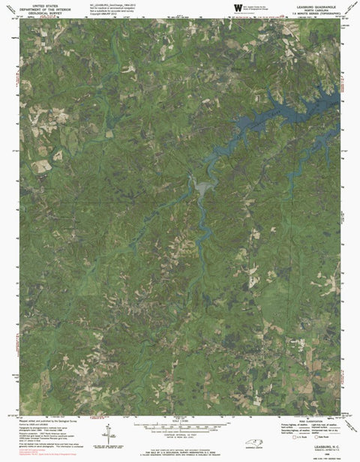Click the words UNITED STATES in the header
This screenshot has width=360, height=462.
point(43,4)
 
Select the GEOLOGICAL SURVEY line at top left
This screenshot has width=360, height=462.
point(43,13)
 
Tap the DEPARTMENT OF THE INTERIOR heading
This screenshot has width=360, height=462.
point(43,8)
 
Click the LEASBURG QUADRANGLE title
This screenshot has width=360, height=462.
point(318,4)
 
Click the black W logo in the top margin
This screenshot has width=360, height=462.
point(238,8)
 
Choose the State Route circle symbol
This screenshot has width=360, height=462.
point(320,436)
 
